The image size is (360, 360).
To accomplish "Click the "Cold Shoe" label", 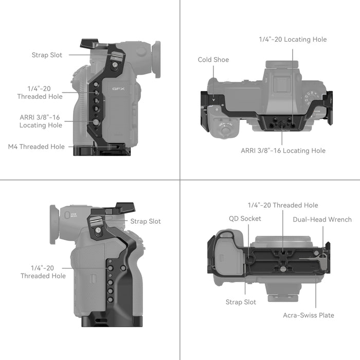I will pyautogui.click(x=213, y=60).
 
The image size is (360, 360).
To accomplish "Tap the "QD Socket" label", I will pyautogui.click(x=245, y=219).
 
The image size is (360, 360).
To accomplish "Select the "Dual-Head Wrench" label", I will pyautogui.click(x=322, y=220).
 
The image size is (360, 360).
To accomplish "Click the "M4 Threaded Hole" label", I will pyautogui.click(x=37, y=147).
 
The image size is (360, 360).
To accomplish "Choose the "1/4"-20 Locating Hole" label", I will pyautogui.click(x=292, y=40).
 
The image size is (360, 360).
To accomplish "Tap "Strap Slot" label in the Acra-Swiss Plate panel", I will pyautogui.click(x=241, y=302).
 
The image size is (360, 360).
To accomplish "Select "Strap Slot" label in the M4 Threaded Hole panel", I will pyautogui.click(x=47, y=55).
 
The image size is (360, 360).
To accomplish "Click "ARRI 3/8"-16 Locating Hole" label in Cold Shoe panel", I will pyautogui.click(x=283, y=151).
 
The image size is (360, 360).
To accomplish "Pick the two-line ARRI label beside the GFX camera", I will pyautogui.click(x=41, y=121).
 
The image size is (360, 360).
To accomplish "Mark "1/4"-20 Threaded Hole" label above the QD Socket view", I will pyautogui.click(x=283, y=205).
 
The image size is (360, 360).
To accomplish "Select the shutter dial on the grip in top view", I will pyautogui.click(x=227, y=126).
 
